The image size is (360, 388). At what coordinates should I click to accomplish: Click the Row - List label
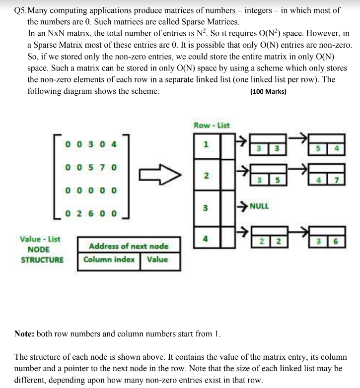[212, 125]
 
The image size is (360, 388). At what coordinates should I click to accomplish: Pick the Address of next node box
[129, 246]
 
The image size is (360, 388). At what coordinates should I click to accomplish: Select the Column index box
[109, 259]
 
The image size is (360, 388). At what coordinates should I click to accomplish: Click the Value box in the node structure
[157, 259]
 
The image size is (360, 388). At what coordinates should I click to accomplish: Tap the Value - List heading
[40, 239]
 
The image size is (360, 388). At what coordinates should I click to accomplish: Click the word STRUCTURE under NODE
[42, 259]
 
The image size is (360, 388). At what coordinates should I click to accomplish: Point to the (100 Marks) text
[269, 92]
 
